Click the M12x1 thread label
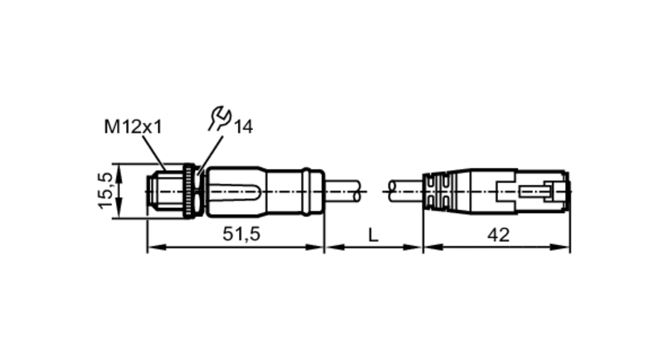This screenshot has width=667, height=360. [133, 127]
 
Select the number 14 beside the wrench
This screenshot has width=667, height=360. [243, 127]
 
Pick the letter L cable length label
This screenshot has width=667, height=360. [373, 235]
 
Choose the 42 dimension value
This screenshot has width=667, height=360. [498, 235]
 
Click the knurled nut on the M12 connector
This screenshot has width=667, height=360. [189, 191]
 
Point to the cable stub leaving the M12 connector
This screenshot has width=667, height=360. [344, 191]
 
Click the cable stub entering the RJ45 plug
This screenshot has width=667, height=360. [405, 191]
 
